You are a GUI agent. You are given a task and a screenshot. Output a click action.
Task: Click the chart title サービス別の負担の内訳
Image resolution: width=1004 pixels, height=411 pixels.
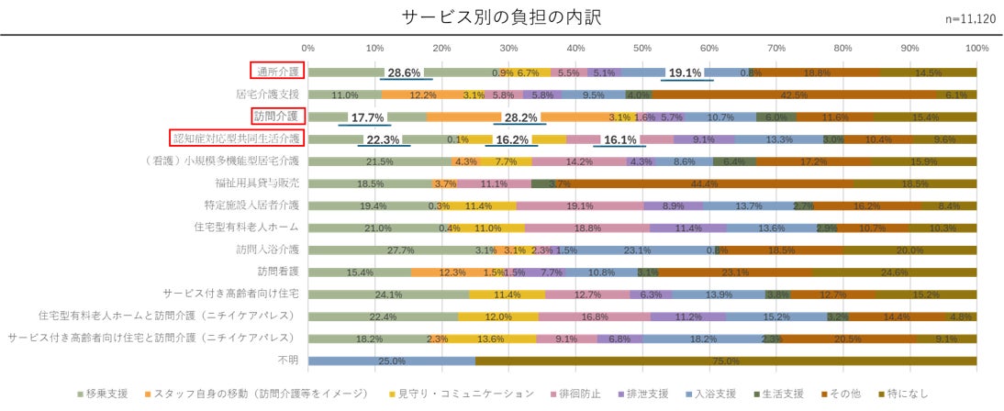501,17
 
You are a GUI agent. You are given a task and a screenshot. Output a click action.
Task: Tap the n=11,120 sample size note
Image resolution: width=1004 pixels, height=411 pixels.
974,19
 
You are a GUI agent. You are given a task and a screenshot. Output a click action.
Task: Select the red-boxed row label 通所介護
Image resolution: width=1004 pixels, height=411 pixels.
277,71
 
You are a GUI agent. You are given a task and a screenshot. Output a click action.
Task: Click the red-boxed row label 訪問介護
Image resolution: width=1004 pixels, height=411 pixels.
277,116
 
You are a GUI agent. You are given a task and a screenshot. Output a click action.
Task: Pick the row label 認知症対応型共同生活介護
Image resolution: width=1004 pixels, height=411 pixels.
239,139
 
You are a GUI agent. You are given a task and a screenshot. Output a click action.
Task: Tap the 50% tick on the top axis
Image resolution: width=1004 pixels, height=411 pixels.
642,47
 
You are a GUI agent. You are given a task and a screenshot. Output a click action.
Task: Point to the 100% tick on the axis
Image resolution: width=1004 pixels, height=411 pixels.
976,47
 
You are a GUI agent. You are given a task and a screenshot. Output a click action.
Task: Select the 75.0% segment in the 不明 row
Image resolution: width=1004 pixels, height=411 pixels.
726,361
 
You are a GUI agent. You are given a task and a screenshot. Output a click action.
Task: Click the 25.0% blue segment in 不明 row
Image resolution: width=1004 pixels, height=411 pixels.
392,361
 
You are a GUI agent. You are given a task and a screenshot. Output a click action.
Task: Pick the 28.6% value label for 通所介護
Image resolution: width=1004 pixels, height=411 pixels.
404,72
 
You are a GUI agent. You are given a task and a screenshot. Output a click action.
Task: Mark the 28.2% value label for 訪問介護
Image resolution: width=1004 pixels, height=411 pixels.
521,117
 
